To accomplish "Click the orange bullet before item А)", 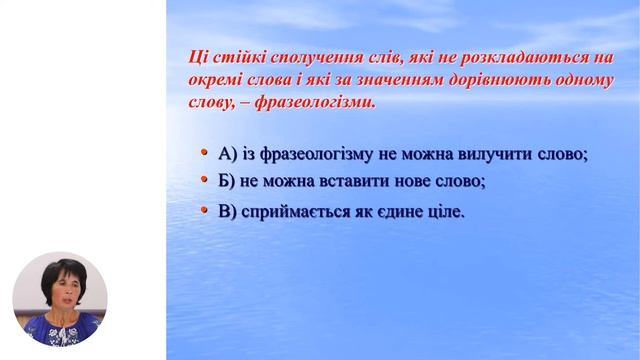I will tap(205, 152).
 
